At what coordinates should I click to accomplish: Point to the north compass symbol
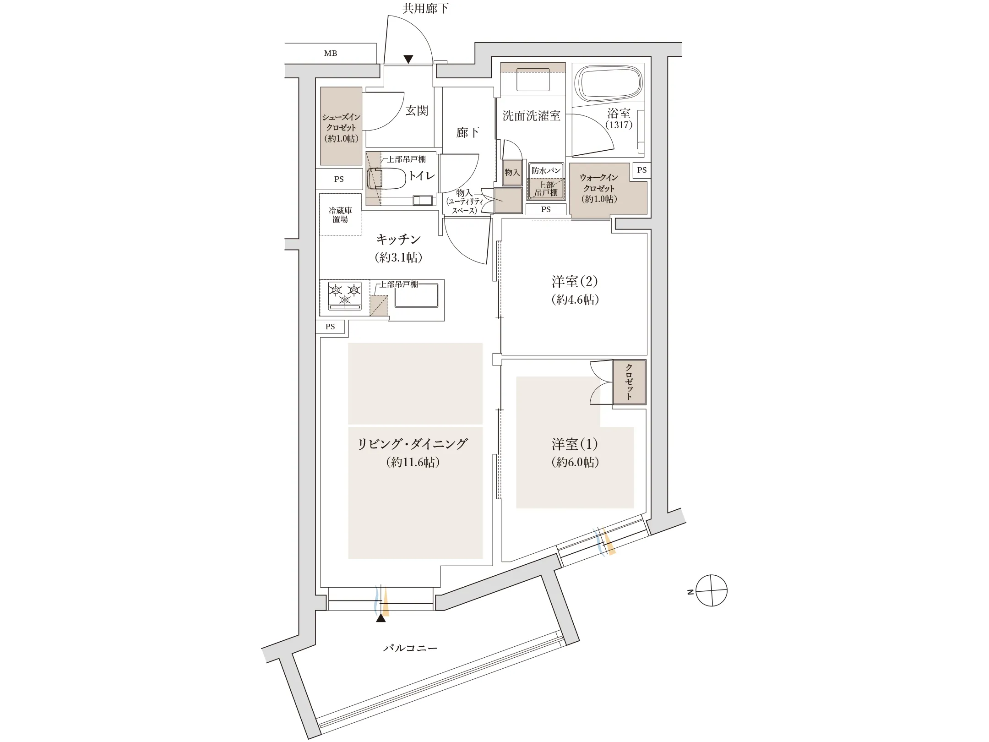click(711, 591)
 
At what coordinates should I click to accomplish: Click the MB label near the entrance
click(331, 53)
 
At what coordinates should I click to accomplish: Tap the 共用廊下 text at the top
click(425, 9)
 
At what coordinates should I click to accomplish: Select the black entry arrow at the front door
click(408, 59)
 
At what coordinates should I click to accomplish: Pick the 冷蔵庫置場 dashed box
click(340, 215)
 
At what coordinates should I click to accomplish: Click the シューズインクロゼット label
click(341, 127)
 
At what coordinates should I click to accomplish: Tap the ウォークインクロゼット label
click(599, 188)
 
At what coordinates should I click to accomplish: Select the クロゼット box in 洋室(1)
click(629, 382)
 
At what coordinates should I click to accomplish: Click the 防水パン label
click(546, 170)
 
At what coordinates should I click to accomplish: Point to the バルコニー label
click(410, 648)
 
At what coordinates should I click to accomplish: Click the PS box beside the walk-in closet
click(642, 170)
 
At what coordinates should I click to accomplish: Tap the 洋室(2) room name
click(575, 281)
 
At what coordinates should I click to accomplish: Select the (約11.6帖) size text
click(413, 462)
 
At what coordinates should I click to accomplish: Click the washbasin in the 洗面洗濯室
click(533, 80)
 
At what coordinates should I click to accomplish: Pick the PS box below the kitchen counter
click(330, 327)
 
